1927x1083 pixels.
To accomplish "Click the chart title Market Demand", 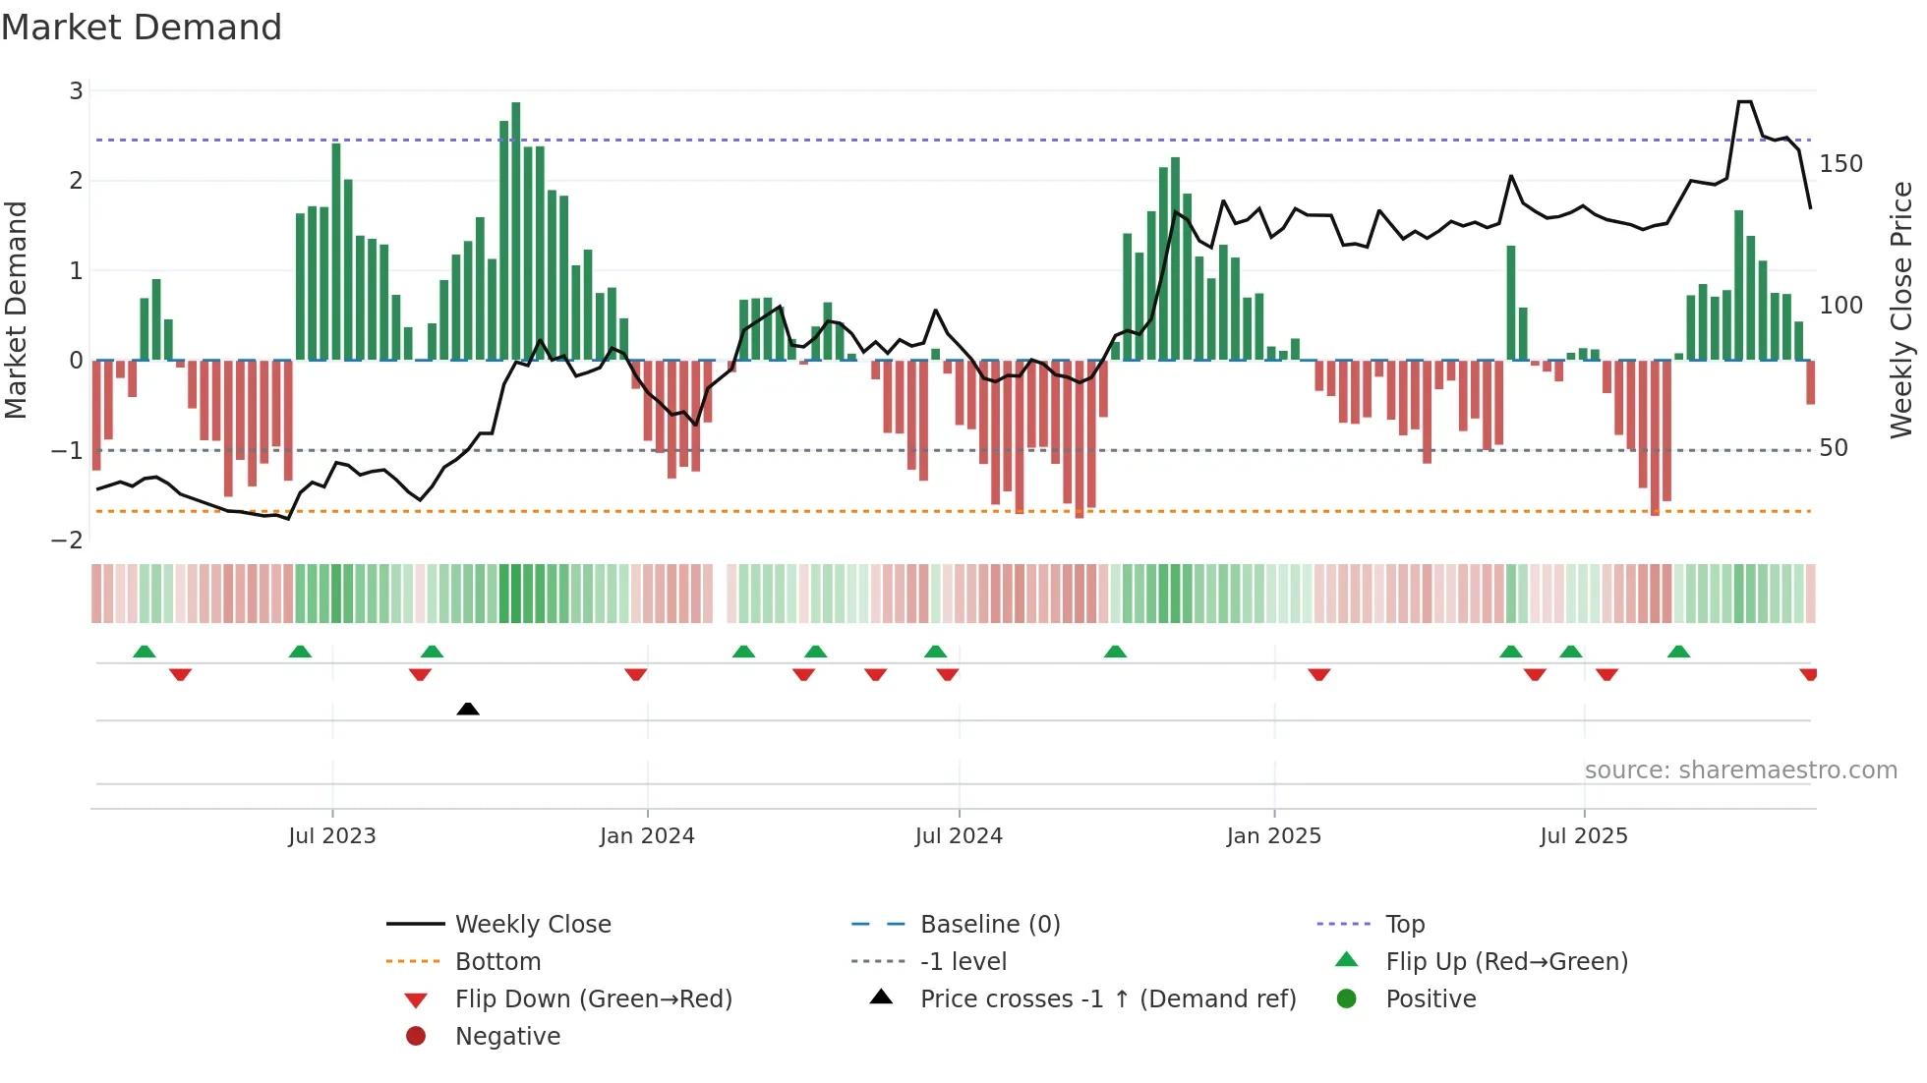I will (x=142, y=28).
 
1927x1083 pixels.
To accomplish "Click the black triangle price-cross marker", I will (x=468, y=709).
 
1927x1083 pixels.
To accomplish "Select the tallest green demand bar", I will (x=516, y=231).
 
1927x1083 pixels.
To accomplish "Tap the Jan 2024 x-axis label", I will (x=647, y=836).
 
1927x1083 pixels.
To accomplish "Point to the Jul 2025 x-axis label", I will (x=1584, y=836).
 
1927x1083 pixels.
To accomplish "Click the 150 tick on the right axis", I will (x=1840, y=164).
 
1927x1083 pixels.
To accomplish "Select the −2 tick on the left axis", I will (x=67, y=541).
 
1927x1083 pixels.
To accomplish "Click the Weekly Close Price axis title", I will (x=1901, y=310).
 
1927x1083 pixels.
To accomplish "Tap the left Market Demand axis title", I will (x=17, y=310).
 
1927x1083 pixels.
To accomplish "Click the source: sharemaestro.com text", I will (x=1740, y=770).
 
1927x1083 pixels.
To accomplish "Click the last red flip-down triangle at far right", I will (x=1808, y=674).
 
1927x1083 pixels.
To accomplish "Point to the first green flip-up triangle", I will (x=145, y=652).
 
